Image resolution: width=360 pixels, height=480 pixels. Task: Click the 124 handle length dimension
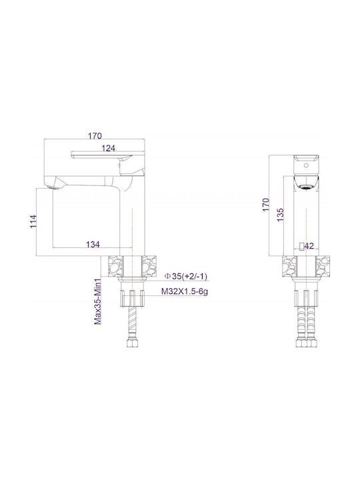tap(109, 148)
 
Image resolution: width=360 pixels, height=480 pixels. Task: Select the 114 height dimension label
tap(33, 221)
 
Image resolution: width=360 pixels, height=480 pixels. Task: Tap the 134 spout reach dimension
tap(93, 244)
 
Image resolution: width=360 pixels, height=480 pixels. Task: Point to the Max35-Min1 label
tap(98, 301)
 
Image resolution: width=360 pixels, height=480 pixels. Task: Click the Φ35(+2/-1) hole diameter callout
tap(186, 276)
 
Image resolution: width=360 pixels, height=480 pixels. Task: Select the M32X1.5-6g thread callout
tap(185, 292)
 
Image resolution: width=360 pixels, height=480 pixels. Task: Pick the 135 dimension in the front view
tap(280, 215)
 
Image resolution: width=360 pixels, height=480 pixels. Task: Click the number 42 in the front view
tap(309, 246)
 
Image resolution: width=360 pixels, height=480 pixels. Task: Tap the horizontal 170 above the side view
tap(95, 135)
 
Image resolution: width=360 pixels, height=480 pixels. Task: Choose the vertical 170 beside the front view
tap(266, 205)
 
